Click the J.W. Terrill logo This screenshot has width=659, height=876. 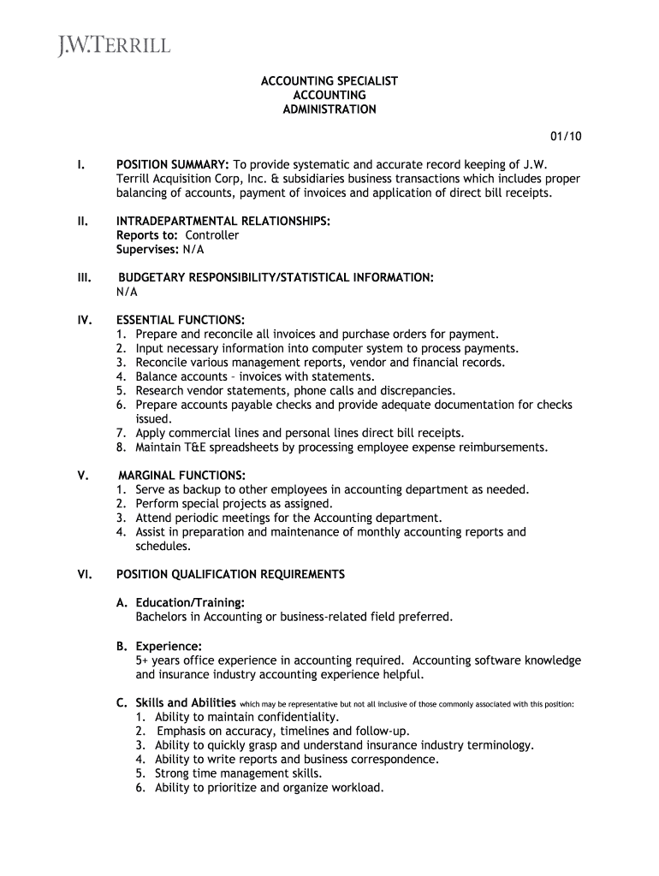pos(114,44)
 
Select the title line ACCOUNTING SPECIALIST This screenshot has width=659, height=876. pos(329,81)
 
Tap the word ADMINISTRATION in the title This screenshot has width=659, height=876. pos(329,109)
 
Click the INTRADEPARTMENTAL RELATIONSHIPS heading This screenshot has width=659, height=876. pos(223,221)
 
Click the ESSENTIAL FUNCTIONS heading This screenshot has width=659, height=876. pos(181,320)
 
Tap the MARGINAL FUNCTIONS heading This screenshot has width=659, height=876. pos(182,475)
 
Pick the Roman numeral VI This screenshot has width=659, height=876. pos(85,575)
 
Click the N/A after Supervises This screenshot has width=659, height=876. pos(193,249)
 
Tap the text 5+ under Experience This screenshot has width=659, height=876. pos(142,660)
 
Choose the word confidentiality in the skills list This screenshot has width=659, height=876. pos(291,717)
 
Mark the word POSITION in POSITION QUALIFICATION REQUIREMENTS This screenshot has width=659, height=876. pos(144,575)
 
